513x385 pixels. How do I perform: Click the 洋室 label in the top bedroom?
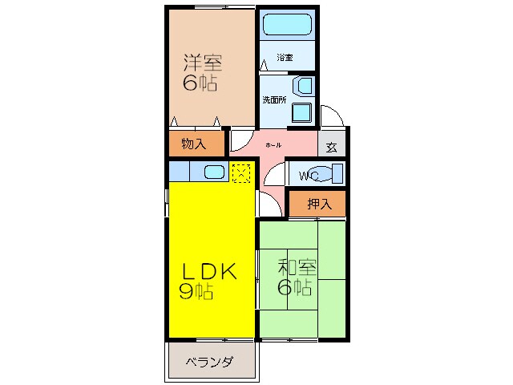202,63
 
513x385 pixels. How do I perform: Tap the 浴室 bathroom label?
285,58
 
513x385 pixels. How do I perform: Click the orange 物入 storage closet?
194,144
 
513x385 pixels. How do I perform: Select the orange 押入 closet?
319,205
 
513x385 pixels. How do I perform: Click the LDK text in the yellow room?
207,272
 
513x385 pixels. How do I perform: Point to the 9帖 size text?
196,292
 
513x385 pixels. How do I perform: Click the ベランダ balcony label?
210,363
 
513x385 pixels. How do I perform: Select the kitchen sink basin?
213,172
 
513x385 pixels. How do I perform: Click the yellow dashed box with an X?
241,172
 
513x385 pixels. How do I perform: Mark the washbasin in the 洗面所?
305,87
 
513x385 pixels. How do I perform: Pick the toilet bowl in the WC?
334,173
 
